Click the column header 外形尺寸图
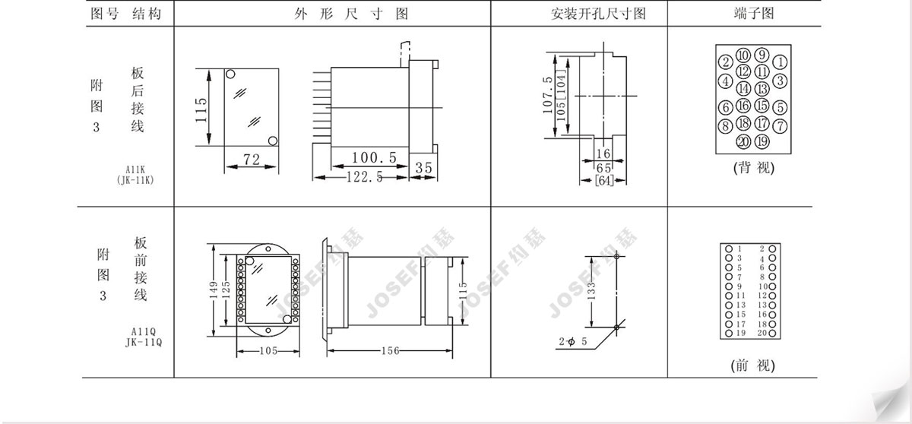point(351,14)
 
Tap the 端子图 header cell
point(754,14)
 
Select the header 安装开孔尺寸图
point(598,14)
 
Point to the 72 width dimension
point(252,159)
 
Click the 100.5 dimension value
point(374,157)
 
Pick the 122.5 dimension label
point(364,177)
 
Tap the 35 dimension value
point(423,168)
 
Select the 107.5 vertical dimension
point(548,95)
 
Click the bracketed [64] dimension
point(604,180)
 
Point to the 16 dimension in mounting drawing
point(603,153)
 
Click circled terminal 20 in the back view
point(743,141)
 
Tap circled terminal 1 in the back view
point(780,62)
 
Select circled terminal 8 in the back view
point(725,125)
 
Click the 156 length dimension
point(391,351)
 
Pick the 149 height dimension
point(214,290)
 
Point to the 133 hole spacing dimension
point(592,291)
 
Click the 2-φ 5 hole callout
point(573,341)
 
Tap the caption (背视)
point(754,168)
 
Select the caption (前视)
point(753,365)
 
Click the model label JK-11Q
point(144,343)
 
